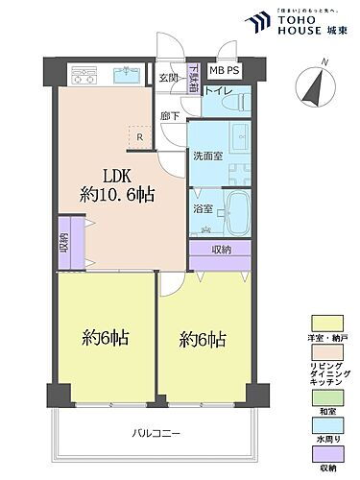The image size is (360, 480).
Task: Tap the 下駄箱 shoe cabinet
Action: click(193, 77)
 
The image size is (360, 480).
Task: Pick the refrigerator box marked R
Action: click(140, 136)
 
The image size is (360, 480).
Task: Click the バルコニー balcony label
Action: click(153, 433)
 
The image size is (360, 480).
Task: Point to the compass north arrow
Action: click(312, 84)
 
